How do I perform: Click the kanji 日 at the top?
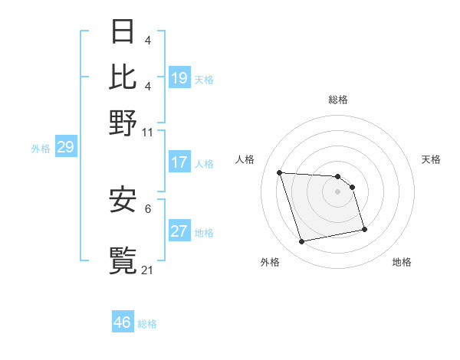coord(123,31)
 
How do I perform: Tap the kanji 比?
coord(123,77)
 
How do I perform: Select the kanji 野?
coord(123,123)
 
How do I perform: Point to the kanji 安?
coord(123,201)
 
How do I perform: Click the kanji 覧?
coord(123,260)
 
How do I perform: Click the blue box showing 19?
coord(179,78)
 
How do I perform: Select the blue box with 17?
coord(179,162)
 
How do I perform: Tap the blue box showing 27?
coord(179,231)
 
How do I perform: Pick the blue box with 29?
coord(66,147)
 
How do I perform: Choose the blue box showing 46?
coord(123,322)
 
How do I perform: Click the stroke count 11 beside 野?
coord(148,132)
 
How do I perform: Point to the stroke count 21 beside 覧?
coord(148,270)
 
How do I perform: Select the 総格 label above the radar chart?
coord(338,100)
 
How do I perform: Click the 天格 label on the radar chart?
coord(431,159)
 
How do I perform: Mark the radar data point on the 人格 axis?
coord(280,172)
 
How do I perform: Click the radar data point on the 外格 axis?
coord(302,241)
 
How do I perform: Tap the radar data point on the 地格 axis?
coord(364,229)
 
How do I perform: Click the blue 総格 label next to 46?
coord(147,324)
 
